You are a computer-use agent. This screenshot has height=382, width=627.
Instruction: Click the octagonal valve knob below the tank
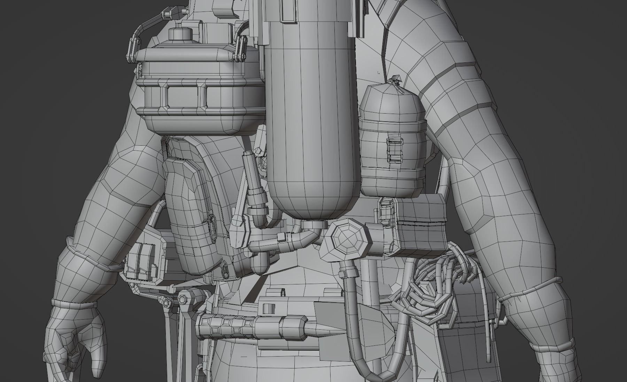tap(343, 240)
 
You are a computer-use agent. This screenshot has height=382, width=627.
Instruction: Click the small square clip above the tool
tap(268, 308)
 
